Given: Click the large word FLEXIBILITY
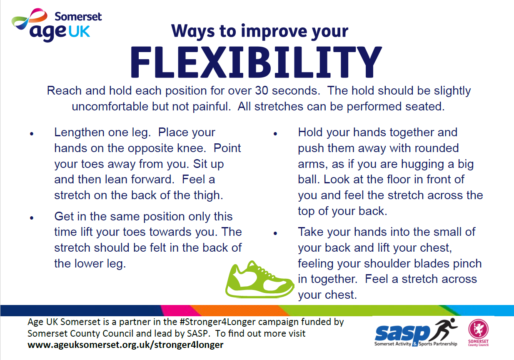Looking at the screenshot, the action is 256,62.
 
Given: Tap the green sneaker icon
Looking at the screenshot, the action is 259,280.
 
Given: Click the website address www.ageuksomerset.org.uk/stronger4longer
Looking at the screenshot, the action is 125,345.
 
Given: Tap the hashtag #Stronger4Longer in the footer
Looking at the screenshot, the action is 217,322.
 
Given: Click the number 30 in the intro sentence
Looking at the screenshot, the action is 261,90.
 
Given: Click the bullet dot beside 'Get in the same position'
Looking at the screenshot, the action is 32,218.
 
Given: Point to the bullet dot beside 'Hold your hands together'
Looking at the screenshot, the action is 275,134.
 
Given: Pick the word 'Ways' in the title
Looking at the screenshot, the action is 193,31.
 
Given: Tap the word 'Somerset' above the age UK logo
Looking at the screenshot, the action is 78,17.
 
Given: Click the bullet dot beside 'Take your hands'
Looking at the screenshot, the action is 275,233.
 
